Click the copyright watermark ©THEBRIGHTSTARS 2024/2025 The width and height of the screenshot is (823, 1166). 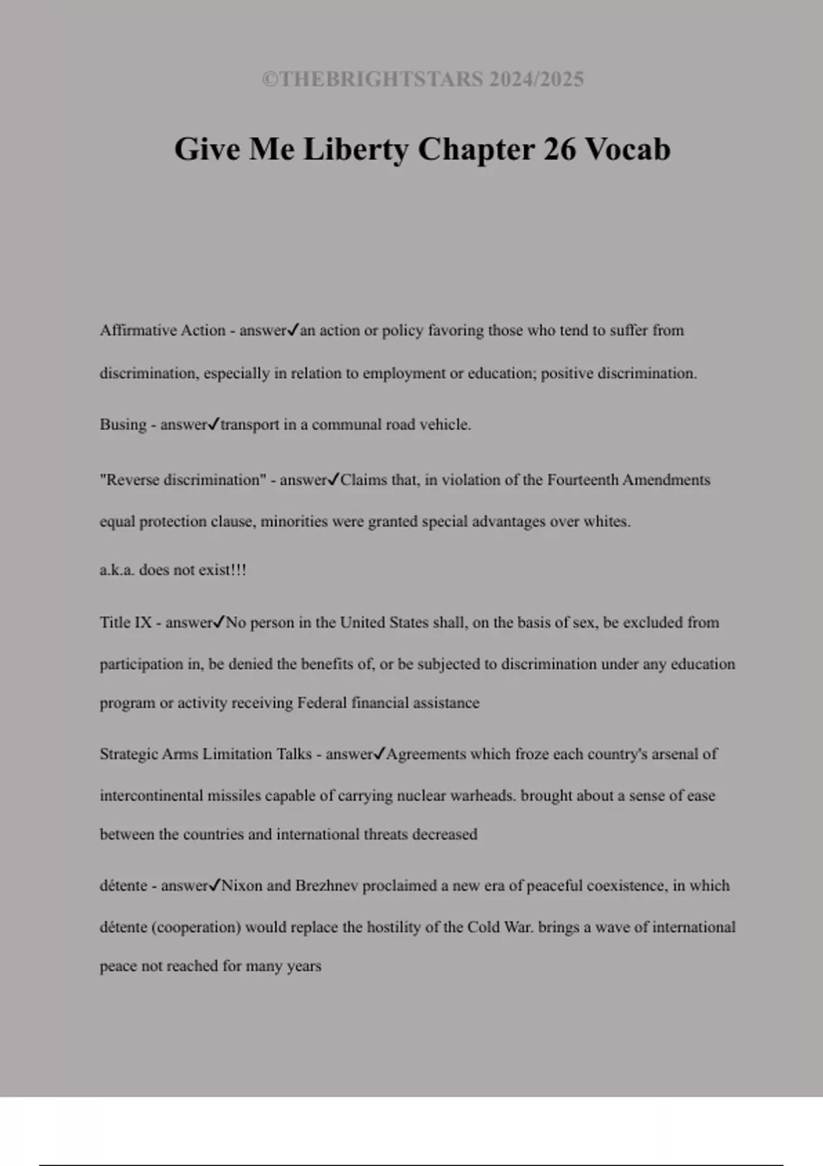pos(422,80)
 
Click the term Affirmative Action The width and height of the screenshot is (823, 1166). pos(163,331)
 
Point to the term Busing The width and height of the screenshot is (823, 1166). pos(123,425)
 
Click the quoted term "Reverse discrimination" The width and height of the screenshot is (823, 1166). pos(182,480)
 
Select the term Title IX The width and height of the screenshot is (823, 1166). pos(126,623)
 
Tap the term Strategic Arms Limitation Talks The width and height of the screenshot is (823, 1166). pos(206,754)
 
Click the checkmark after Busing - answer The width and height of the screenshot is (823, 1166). pos(213,425)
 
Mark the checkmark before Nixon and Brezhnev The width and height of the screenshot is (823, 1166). pos(215,885)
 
